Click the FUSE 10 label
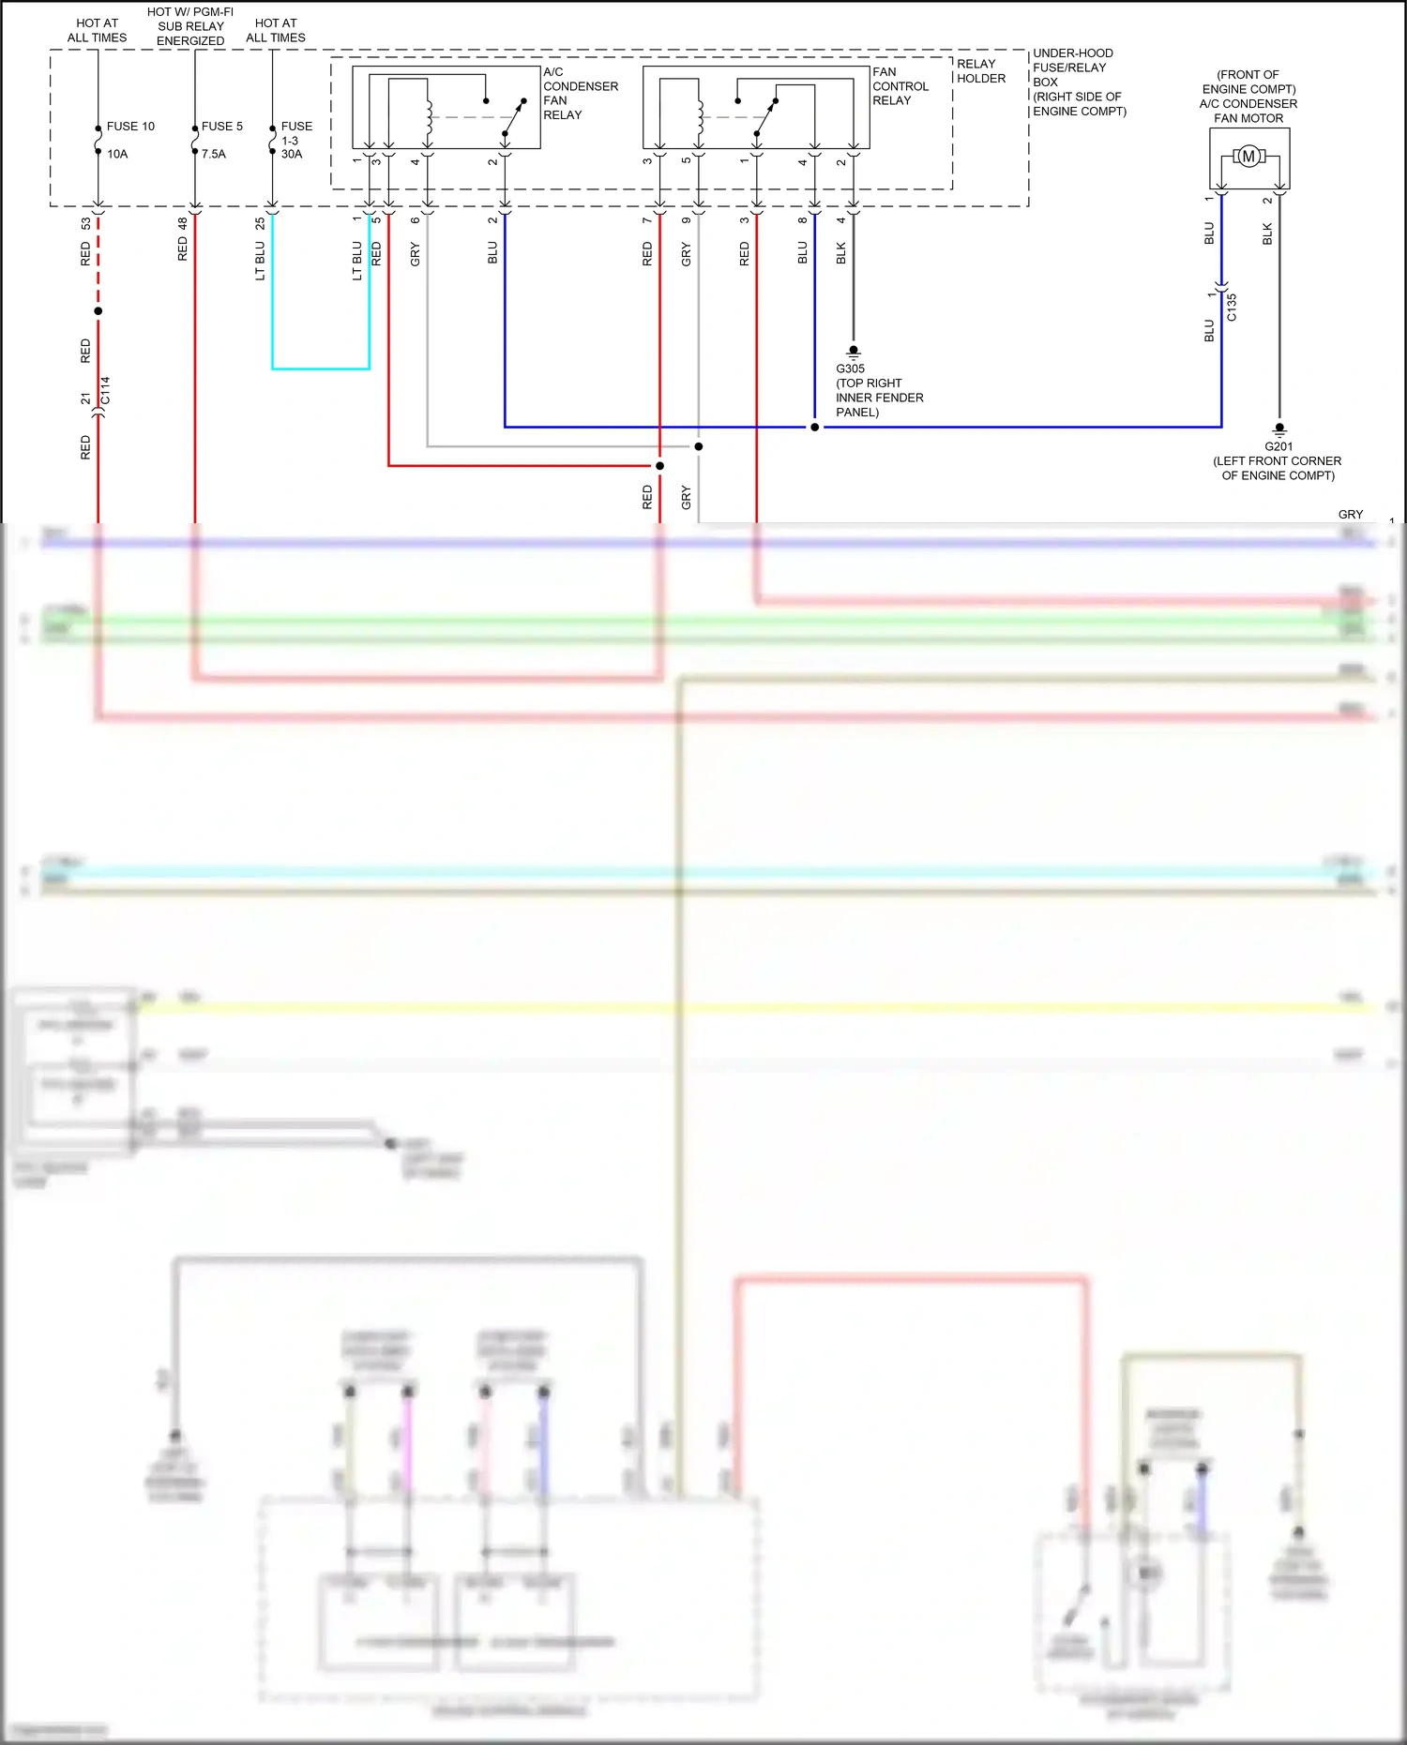(130, 127)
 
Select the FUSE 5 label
(222, 127)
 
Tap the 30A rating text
(292, 155)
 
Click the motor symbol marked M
(1248, 157)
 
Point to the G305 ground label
(850, 369)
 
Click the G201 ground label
(1278, 447)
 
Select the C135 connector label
(1232, 308)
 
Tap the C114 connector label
(105, 390)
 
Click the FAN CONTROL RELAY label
(900, 86)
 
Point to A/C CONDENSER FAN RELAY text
(580, 93)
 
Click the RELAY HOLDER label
(981, 71)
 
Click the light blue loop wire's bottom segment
(320, 369)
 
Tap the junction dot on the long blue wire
(814, 428)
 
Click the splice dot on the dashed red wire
(98, 311)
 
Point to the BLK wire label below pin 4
(840, 253)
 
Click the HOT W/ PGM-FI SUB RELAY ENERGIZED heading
(190, 26)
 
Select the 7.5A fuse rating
(214, 155)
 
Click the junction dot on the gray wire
(698, 446)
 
